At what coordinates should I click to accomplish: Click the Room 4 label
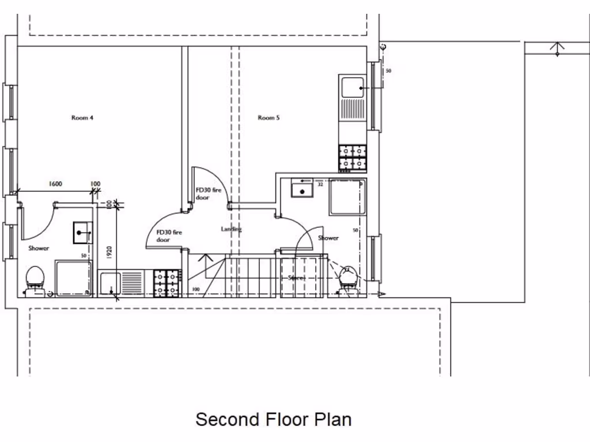coord(82,118)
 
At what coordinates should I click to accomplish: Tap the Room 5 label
coord(268,118)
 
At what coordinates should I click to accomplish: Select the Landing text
coord(232,229)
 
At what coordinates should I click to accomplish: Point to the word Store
coord(296,279)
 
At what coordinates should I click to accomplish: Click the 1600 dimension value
coord(55,184)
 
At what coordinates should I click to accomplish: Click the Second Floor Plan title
coord(273,419)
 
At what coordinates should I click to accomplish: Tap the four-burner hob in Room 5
coord(353,158)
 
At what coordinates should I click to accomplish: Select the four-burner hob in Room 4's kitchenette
coord(167,284)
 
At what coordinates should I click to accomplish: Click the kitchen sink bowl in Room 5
coord(352,87)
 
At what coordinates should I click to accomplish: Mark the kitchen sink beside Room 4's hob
coord(109,284)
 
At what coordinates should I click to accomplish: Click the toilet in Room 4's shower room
coord(36,280)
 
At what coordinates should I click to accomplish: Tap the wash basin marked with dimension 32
coord(301,189)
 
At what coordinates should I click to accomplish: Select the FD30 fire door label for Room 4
coord(169,236)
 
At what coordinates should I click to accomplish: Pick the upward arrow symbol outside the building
coord(557,48)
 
